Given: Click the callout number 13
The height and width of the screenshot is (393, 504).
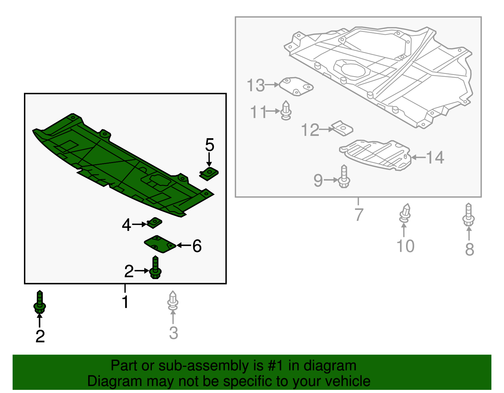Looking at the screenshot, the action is [x=255, y=85].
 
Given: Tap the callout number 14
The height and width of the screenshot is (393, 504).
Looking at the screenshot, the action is [x=435, y=157].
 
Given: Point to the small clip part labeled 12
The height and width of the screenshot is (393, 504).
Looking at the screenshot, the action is [x=342, y=128].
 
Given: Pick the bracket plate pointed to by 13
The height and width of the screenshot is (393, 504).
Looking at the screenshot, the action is [x=296, y=87].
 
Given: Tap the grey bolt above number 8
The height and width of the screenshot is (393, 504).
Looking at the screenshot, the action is [x=468, y=215].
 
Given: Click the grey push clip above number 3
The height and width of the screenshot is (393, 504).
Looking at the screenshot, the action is [x=173, y=300].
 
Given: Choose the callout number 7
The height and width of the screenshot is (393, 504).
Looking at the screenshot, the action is [x=358, y=215].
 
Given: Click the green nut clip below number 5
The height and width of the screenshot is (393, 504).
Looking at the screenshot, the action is [x=209, y=174].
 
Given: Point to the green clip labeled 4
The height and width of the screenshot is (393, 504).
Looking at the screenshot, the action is [x=154, y=223].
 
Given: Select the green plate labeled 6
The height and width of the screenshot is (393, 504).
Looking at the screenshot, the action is [x=160, y=244].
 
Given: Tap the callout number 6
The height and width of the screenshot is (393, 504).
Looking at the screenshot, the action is [x=197, y=246].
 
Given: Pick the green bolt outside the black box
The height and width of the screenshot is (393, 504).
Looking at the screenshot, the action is [x=40, y=302].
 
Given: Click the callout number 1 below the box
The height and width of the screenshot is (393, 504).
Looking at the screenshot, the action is [x=125, y=302].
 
